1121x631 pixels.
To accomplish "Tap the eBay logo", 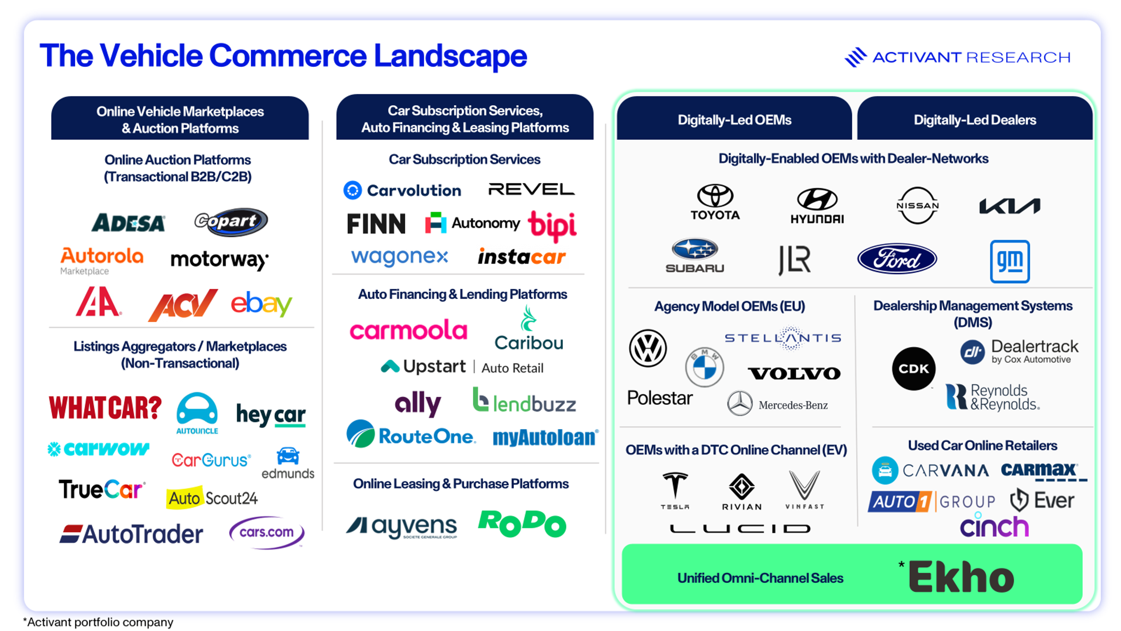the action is pos(261,304).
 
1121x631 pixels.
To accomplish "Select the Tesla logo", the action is pos(675,490).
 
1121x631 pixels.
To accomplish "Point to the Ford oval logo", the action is pos(897,259).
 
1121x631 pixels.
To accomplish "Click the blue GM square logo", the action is pos(1009,261).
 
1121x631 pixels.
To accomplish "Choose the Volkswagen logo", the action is pos(647,349).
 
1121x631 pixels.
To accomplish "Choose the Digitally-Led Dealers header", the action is pos(974,120).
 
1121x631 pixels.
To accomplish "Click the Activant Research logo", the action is pos(958,57).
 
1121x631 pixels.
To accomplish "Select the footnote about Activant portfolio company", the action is pos(98,622).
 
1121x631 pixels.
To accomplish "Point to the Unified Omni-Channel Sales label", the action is pos(760,578).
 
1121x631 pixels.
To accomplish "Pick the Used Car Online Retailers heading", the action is pos(982,445).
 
